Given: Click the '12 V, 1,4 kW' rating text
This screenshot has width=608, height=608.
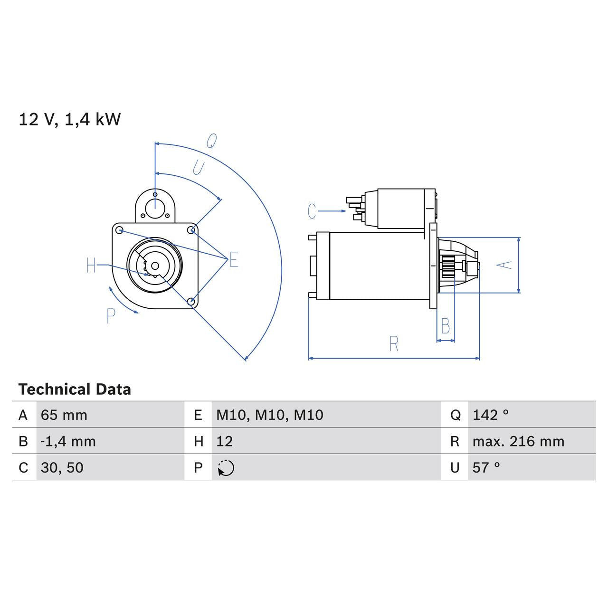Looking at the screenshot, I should tap(69, 119).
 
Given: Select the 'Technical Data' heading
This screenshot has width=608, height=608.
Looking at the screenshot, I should tap(75, 389).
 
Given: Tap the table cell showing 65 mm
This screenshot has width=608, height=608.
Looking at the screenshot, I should tap(64, 415).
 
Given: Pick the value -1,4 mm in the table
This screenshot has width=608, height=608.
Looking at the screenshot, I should tap(68, 441).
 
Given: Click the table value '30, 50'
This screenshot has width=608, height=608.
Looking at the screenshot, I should tap(62, 467).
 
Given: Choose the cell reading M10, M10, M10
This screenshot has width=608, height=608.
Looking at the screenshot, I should tap(270, 415).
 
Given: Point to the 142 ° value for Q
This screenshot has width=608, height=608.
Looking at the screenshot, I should tap(491, 415).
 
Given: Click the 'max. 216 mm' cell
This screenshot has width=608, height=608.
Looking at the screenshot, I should tap(518, 441).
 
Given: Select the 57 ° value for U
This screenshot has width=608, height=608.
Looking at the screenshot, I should tap(486, 467).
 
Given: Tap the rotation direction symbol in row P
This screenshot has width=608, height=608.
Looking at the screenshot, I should tap(226, 468).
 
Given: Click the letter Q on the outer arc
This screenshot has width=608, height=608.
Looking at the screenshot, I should tap(211, 141).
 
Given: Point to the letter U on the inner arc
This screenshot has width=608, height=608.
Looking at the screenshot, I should tap(198, 167).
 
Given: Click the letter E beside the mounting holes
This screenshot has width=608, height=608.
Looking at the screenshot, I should tap(234, 260).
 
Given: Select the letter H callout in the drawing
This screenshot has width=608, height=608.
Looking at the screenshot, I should tap(91, 265).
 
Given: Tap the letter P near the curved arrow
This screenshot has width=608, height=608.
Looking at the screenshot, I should tap(111, 316).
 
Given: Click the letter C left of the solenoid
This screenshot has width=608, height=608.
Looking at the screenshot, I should tap(312, 211).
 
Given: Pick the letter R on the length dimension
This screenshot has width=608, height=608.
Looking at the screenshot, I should tap(394, 344).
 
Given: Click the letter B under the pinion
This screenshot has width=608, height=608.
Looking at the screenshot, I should tap(446, 326).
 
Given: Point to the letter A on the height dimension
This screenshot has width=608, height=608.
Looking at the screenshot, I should tap(506, 265).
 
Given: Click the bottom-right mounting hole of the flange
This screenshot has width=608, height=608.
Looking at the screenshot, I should tap(191, 301).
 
